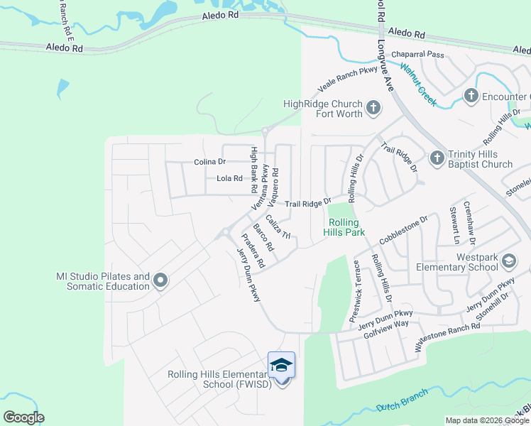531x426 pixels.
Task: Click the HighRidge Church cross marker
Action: pyautogui.click(x=373, y=109)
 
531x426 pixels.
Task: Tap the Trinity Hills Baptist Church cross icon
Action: pyautogui.click(x=437, y=157)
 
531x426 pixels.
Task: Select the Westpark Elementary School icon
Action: pyautogui.click(x=508, y=261)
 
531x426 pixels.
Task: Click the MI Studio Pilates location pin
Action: pyautogui.click(x=160, y=281)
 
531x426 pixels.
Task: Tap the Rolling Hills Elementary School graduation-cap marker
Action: pyautogui.click(x=282, y=365)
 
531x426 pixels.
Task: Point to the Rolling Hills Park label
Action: pyautogui.click(x=344, y=227)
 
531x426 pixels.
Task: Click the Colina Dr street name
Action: pyautogui.click(x=209, y=162)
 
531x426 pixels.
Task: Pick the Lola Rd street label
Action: pyautogui.click(x=229, y=179)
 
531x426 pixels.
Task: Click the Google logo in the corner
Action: pyautogui.click(x=23, y=417)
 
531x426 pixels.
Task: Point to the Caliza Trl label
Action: pyautogui.click(x=279, y=226)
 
